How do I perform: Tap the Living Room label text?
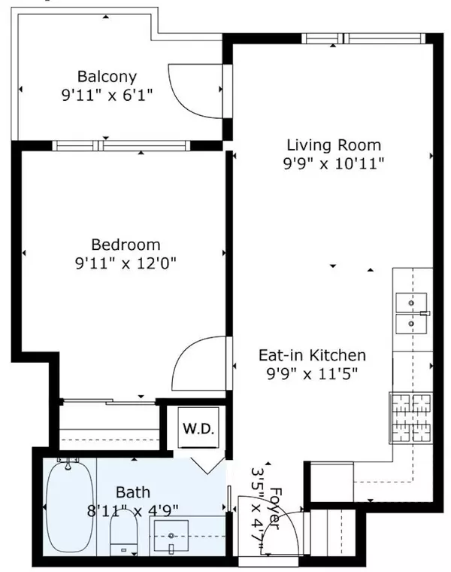click(x=334, y=145)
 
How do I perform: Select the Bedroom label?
click(x=126, y=245)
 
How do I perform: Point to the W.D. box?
click(x=198, y=431)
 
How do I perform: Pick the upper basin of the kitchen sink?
click(x=410, y=302)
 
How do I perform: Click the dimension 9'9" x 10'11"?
click(x=334, y=164)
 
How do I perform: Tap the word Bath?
click(x=132, y=494)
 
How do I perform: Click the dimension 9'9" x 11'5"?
click(x=312, y=373)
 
